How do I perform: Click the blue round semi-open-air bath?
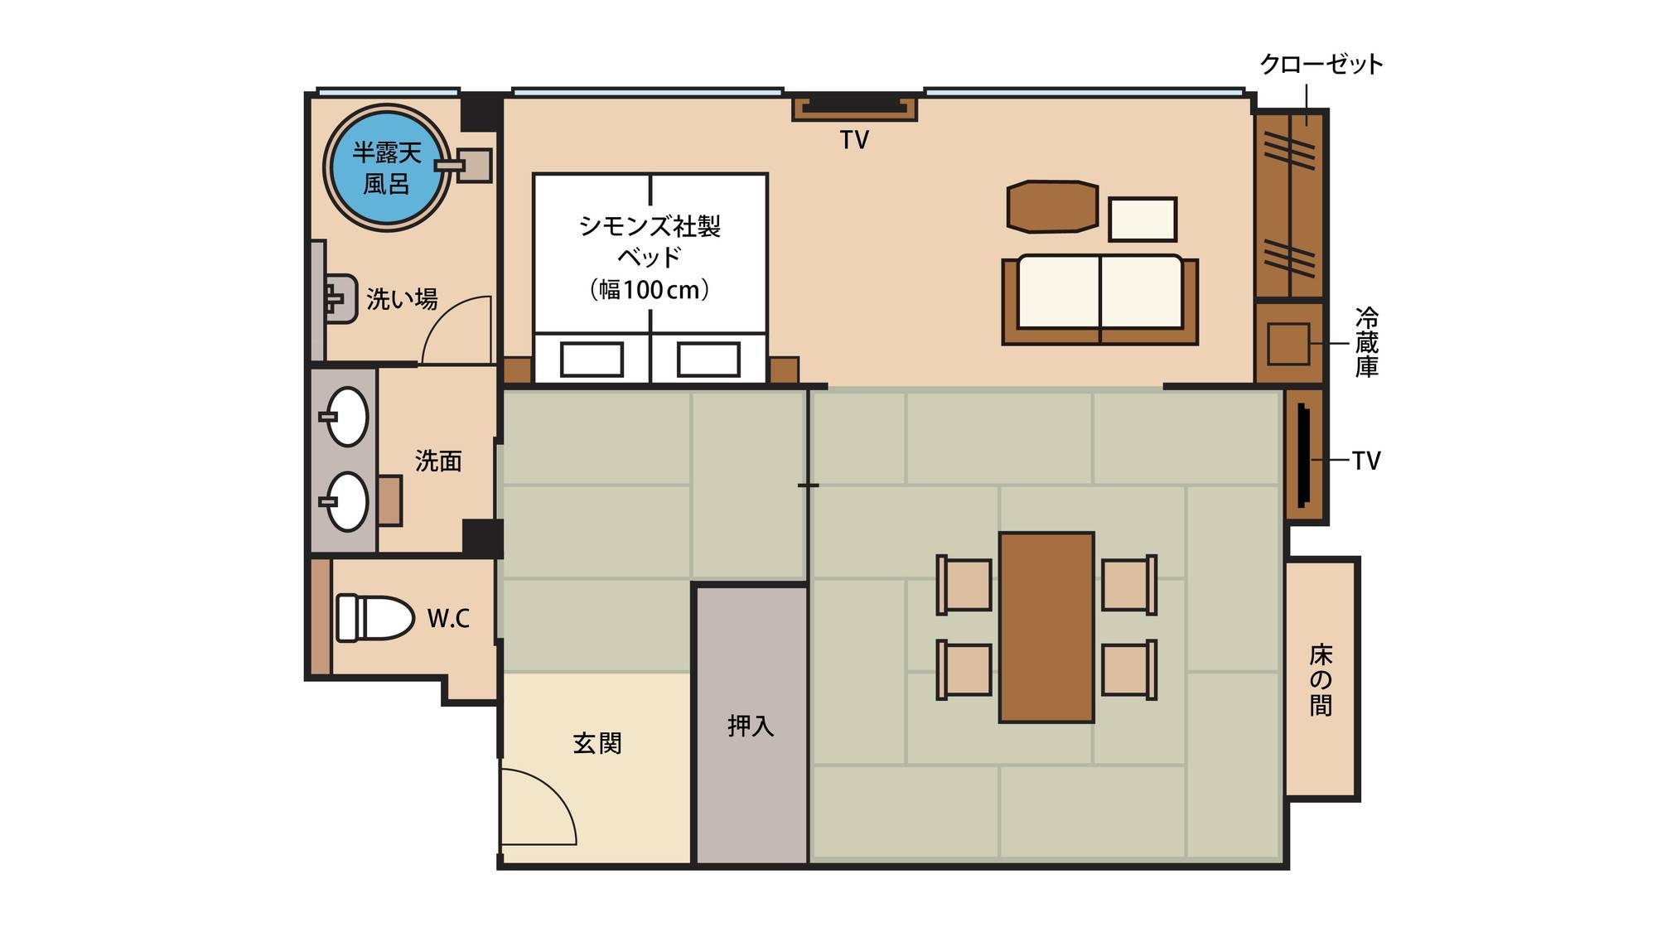coord(387,167)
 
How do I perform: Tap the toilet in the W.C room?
coord(374,617)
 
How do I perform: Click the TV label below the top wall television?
coord(854,141)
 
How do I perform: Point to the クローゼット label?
coord(1321,65)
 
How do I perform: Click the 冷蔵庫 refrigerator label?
coord(1366,342)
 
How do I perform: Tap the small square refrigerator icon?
coord(1288,344)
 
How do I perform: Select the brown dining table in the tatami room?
coord(1046,627)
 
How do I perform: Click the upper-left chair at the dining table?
coord(964,585)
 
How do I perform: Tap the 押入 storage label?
coord(751,727)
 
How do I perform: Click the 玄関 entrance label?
coord(597,743)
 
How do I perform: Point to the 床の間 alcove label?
coord(1321,680)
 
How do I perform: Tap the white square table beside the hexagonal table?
coord(1143,220)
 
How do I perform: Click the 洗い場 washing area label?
coord(402,299)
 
